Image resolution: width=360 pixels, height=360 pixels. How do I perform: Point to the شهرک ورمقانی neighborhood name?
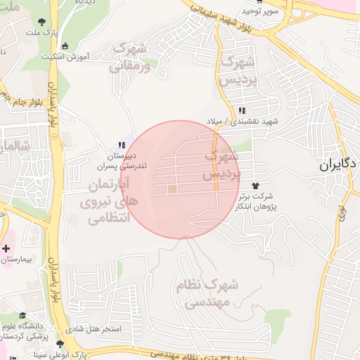click(x=129, y=57)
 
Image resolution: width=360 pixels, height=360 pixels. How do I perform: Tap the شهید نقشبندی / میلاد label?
click(x=242, y=122)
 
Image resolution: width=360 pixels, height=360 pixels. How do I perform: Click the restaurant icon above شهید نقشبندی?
click(x=242, y=110)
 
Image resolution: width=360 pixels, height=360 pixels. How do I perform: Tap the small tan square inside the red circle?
click(x=172, y=188)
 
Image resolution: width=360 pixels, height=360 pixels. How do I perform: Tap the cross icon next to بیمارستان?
click(x=6, y=249)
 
